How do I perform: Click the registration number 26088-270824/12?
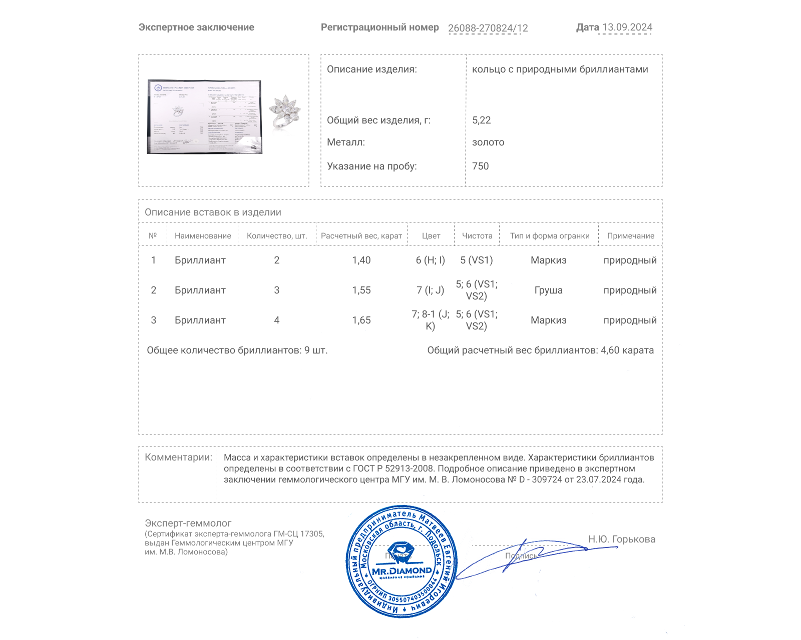click(x=488, y=28)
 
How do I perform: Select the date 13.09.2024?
click(x=627, y=27)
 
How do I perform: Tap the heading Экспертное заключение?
click(x=196, y=27)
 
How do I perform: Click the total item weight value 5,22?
click(x=481, y=120)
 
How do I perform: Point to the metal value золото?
click(x=488, y=142)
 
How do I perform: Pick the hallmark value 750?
click(x=480, y=166)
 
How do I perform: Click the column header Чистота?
click(x=477, y=235)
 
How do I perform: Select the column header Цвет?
click(x=431, y=235)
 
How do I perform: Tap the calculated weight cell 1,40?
click(x=361, y=260)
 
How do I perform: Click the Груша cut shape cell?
click(x=548, y=290)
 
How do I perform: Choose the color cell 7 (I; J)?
click(x=430, y=290)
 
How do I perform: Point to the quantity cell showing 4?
click(x=276, y=320)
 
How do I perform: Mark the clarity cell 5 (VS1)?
click(x=476, y=260)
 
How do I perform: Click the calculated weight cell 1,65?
click(x=361, y=320)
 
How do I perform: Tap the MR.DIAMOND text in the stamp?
click(x=402, y=570)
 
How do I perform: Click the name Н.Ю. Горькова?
click(x=621, y=539)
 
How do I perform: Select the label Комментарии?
click(x=178, y=457)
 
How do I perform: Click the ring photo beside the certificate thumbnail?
click(x=284, y=112)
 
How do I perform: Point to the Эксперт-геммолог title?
click(x=188, y=523)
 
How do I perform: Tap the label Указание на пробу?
click(x=371, y=166)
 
